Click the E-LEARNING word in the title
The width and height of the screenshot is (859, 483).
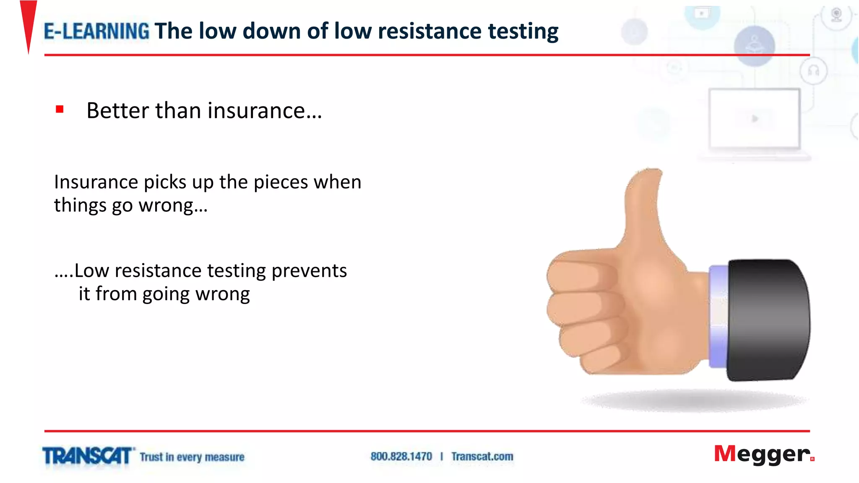pos(96,31)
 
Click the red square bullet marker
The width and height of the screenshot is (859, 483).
pos(60,109)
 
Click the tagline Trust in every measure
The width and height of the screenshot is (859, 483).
pos(192,457)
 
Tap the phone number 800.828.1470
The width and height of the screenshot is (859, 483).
pos(401,457)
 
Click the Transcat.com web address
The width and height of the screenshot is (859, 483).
pos(482,457)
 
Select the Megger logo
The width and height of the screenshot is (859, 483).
pos(763,454)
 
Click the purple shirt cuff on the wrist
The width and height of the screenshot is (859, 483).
pos(718,317)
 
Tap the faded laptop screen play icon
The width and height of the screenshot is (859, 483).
pos(755,119)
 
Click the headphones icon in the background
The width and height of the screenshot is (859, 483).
pos(813,71)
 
